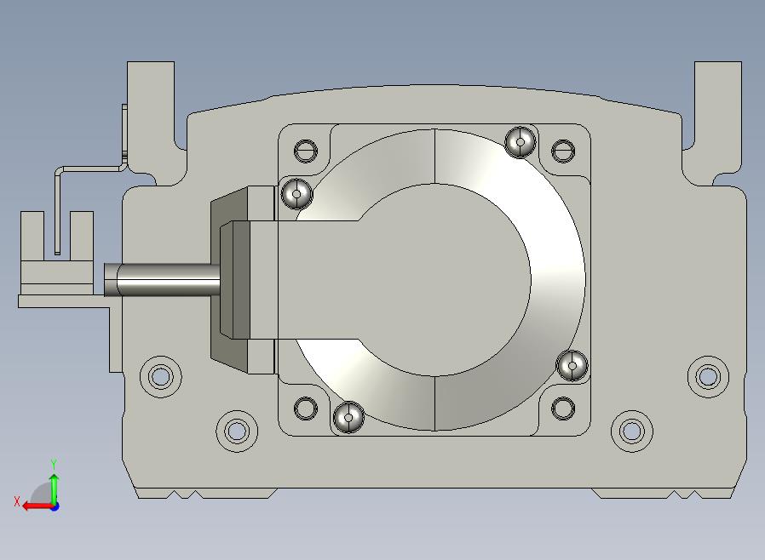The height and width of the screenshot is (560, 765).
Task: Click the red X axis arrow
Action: (x=37, y=506)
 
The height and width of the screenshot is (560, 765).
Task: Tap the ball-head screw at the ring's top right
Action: (x=521, y=142)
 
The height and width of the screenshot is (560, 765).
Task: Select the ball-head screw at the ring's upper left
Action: (x=296, y=193)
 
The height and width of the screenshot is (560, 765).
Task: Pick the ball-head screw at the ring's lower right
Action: (x=572, y=364)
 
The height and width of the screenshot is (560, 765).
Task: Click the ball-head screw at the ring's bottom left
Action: (x=348, y=417)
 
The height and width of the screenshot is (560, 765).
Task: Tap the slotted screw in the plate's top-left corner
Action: (x=306, y=151)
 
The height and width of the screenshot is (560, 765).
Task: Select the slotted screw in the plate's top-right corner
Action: (x=562, y=151)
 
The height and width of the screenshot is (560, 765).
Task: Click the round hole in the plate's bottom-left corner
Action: (x=306, y=408)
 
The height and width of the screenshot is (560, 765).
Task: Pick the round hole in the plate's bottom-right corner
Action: (x=562, y=408)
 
